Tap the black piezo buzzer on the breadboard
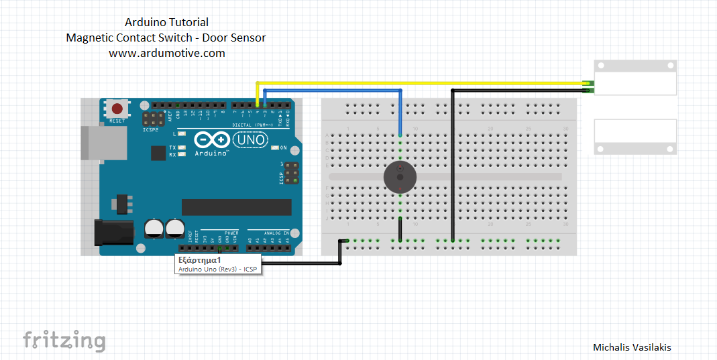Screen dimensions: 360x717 [x=399, y=178]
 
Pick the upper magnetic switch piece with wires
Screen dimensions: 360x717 [x=635, y=78]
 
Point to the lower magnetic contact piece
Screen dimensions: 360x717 [x=635, y=137]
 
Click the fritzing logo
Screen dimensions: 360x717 [x=64, y=341]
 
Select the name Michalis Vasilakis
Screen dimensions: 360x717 [x=632, y=347]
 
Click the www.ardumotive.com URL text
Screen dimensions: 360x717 [x=166, y=53]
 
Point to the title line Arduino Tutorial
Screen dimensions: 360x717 [x=166, y=23]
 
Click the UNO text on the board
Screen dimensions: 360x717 [x=249, y=140]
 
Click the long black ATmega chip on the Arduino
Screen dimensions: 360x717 [x=236, y=207]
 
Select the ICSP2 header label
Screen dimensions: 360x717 [x=151, y=129]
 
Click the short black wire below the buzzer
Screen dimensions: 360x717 [x=400, y=229]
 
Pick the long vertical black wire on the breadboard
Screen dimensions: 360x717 [x=453, y=168]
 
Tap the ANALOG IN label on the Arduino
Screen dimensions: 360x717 [x=276, y=233]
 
